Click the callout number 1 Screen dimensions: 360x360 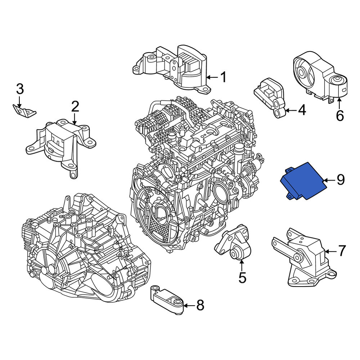[223, 77]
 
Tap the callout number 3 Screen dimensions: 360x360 [20, 89]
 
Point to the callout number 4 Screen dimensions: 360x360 [302, 110]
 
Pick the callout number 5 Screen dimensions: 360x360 [242, 278]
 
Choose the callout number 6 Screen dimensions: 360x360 [340, 115]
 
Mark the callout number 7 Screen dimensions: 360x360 [342, 251]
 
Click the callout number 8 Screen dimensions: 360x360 [200, 305]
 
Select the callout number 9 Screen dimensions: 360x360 [341, 180]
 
